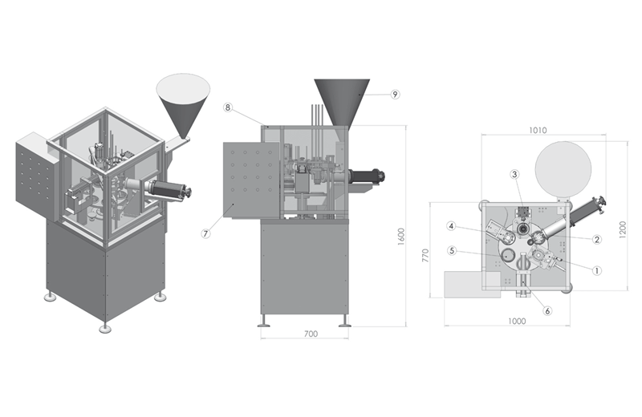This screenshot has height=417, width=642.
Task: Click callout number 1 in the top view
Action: click(x=596, y=270)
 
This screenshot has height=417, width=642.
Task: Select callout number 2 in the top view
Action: click(x=596, y=239)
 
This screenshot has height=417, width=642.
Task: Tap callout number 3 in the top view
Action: click(x=514, y=174)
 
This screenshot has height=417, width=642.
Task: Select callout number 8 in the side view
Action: click(x=228, y=107)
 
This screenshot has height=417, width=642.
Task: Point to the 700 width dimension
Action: click(x=311, y=333)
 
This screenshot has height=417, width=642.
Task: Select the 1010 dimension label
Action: click(x=537, y=130)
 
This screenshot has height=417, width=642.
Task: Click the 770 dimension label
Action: click(x=426, y=256)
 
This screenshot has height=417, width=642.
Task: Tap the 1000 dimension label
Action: click(x=516, y=322)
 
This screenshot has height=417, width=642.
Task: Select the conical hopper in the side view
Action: click(x=341, y=99)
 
